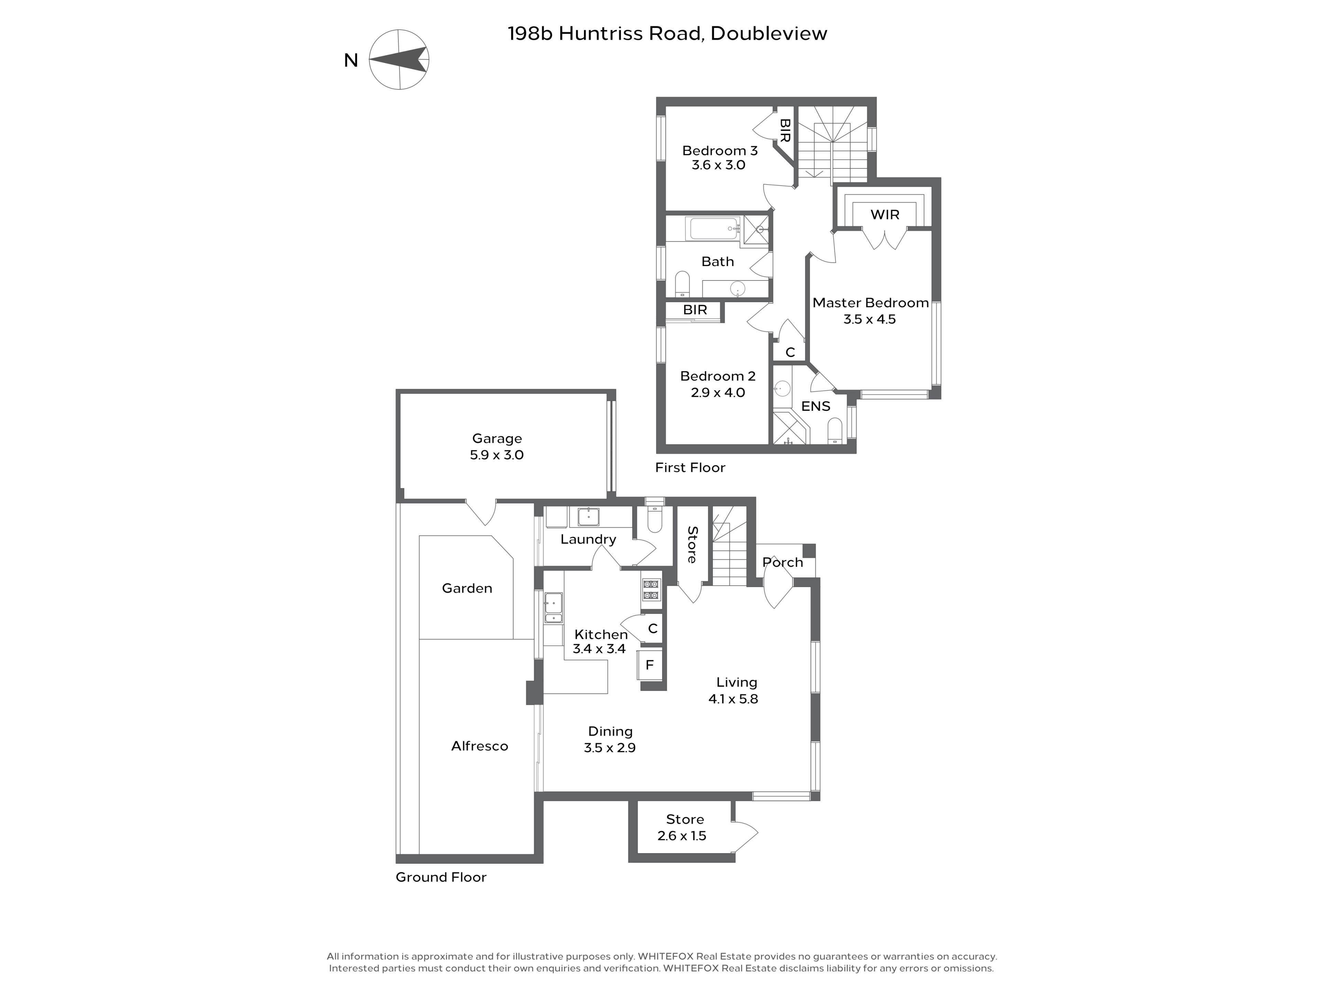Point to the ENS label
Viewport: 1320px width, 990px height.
(816, 406)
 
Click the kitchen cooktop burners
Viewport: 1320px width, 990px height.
(651, 590)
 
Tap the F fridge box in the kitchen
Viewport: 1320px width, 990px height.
(650, 665)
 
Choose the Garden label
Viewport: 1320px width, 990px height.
(467, 588)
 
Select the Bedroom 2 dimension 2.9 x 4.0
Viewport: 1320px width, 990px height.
(718, 393)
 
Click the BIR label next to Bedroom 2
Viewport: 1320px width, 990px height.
(695, 310)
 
